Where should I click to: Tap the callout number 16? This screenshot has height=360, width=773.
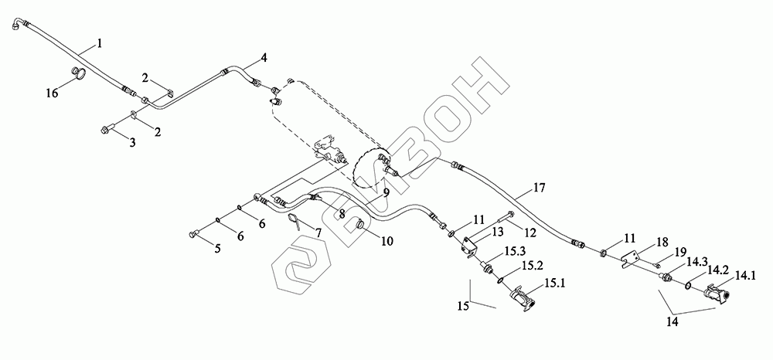tap(52, 93)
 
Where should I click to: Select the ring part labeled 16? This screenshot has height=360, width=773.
tap(77, 74)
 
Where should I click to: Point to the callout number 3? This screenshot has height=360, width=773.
tap(132, 144)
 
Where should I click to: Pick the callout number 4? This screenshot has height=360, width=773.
tap(264, 58)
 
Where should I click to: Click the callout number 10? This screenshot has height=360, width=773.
tap(386, 241)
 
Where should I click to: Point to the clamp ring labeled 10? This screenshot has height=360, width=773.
tap(363, 225)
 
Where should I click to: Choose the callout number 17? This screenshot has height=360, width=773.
tap(539, 188)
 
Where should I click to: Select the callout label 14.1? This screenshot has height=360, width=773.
tap(746, 274)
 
